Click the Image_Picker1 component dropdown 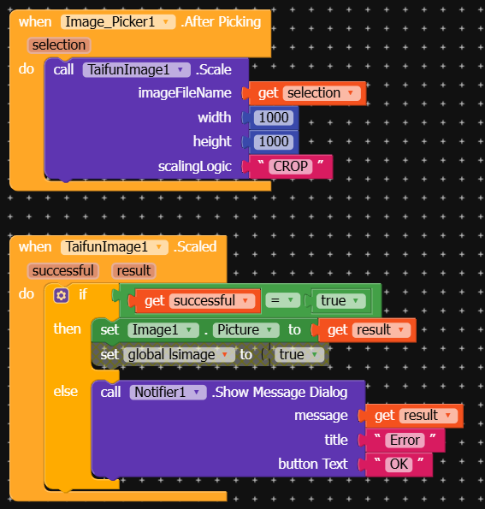118,22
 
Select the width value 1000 274,117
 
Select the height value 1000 274,141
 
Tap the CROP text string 291,167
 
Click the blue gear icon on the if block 62,295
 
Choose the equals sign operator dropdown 281,300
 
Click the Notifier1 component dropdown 168,392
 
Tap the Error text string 405,441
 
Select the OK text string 399,465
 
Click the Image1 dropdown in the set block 163,330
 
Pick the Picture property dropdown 245,330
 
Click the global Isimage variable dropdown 179,354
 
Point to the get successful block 198,301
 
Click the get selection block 307,93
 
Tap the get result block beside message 414,416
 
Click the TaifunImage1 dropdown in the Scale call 136,70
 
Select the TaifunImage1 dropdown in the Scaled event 115,247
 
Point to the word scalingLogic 195,167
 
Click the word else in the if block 66,391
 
